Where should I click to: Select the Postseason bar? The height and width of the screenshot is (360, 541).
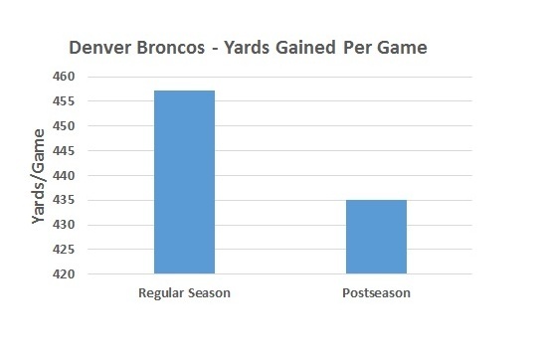(376, 237)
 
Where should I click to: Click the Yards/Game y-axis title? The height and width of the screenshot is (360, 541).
(41, 175)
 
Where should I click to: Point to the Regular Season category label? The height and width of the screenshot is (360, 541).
(184, 293)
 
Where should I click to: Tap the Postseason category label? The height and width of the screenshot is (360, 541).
(376, 293)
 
